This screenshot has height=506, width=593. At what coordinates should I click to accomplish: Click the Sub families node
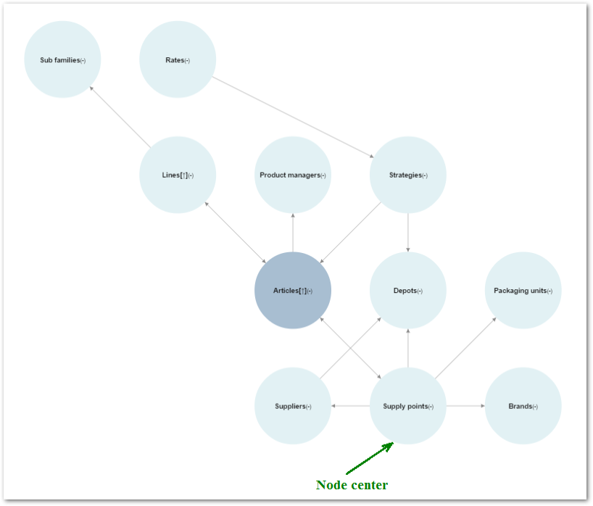pos(62,59)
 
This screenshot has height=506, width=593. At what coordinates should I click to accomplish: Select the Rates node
pos(178,59)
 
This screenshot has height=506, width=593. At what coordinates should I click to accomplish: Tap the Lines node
pos(178,175)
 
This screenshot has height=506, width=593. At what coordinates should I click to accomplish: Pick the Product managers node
pos(293,175)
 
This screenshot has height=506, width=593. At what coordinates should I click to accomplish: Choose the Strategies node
pos(408,175)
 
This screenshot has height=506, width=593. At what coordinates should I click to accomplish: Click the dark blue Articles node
pos(293,290)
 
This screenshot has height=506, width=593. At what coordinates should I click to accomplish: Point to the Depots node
pos(408,290)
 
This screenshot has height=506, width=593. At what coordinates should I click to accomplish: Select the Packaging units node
pos(523,290)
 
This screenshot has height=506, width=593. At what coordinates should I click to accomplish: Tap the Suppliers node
pos(293,405)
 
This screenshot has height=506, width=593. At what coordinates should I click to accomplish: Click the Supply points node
pos(408,405)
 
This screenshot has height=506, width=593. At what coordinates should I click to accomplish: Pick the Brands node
pos(523,405)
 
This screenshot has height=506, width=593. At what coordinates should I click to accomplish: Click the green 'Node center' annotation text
pos(352,485)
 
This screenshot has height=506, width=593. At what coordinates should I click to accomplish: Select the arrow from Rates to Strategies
pos(293,117)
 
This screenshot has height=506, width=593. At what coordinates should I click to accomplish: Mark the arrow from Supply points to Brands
pos(465,406)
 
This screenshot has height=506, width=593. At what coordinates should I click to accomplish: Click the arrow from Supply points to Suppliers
pos(351,406)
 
